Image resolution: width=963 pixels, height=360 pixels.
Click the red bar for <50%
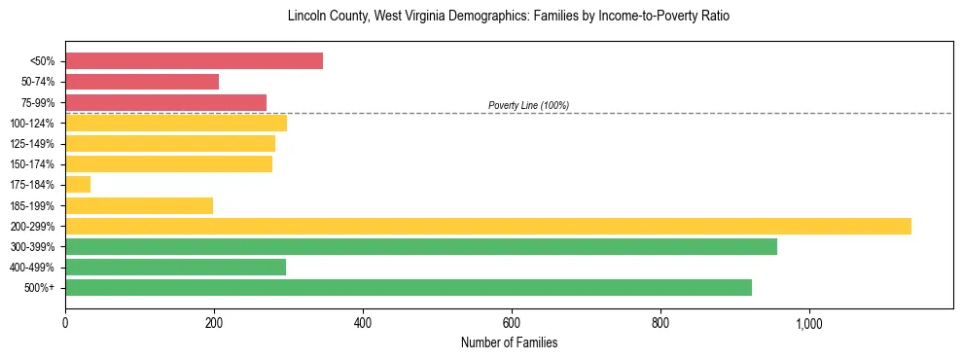coord(194,61)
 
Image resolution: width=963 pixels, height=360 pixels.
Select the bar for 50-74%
coord(142,82)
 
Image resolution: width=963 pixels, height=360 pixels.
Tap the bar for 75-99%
coord(165,102)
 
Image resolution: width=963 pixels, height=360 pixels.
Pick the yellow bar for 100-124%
coord(176,123)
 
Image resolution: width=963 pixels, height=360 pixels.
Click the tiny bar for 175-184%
coord(78,184)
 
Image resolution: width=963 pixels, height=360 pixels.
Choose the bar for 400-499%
coord(175,267)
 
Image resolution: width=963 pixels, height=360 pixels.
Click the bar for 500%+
coord(409,287)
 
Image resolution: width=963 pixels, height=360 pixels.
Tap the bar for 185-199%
coord(139,205)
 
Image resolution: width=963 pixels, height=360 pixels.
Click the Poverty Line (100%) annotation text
coord(528,105)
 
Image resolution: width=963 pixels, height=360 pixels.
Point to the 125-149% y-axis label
coord(32,144)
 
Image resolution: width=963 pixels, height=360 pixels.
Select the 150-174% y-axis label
coord(32,164)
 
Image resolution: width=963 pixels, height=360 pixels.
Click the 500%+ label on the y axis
coord(39,288)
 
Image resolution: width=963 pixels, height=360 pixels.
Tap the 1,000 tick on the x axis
coord(809,323)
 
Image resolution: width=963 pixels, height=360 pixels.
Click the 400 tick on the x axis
coord(363,323)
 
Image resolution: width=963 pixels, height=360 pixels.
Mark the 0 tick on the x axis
coord(65,323)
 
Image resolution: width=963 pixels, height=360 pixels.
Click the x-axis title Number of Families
coord(509,342)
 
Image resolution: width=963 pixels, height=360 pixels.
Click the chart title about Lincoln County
coord(509,17)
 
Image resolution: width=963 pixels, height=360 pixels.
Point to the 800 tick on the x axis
coord(660,323)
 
